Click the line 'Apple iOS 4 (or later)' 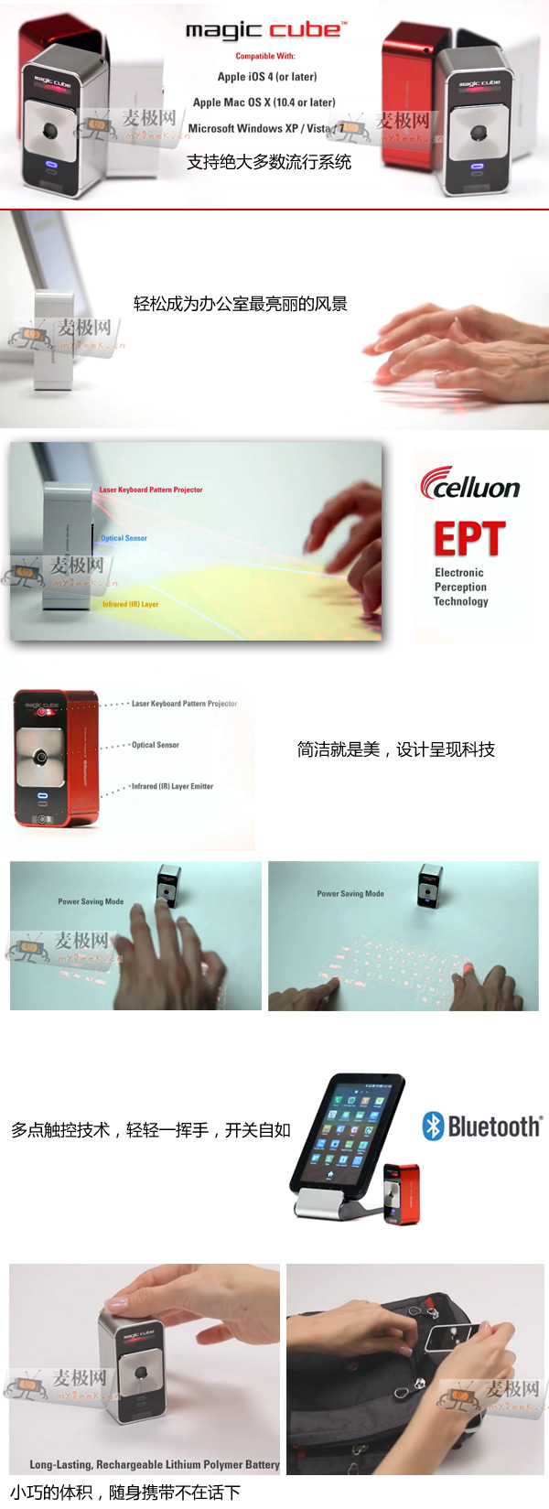(x=267, y=77)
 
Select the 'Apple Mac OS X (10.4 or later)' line (x=264, y=102)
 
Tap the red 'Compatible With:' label (x=265, y=56)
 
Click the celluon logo (x=470, y=484)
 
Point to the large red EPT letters (x=469, y=539)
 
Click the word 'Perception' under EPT (x=460, y=587)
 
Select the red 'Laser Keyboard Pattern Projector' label (x=151, y=490)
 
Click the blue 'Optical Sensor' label (x=124, y=538)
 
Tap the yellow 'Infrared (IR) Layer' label (x=130, y=604)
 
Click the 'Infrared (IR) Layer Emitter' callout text (x=172, y=786)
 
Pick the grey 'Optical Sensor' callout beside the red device (x=156, y=745)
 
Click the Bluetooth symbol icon (x=433, y=1126)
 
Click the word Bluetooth (x=495, y=1126)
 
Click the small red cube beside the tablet (x=402, y=1193)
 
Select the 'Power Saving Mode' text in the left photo (x=91, y=901)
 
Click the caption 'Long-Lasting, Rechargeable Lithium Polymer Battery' (x=155, y=1464)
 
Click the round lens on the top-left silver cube (x=49, y=131)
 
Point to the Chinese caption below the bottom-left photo (x=125, y=1493)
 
